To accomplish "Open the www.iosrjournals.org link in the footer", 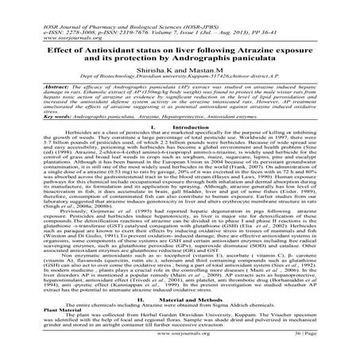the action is [x=180, y=347].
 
